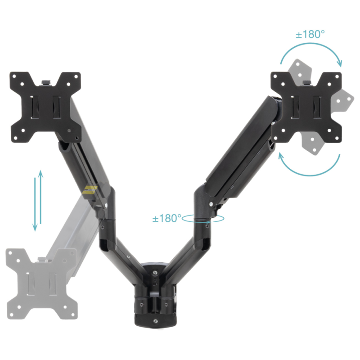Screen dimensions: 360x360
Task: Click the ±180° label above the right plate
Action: click(x=310, y=35)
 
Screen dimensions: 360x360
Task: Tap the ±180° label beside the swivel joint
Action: click(x=167, y=218)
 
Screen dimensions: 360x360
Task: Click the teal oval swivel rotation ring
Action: click(x=203, y=218)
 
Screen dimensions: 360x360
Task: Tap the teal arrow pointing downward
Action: click(x=35, y=204)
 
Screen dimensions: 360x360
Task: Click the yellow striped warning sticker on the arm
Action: click(x=90, y=190)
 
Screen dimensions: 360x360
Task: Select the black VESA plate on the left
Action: click(x=45, y=107)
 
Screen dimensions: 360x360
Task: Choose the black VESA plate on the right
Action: click(x=306, y=107)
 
